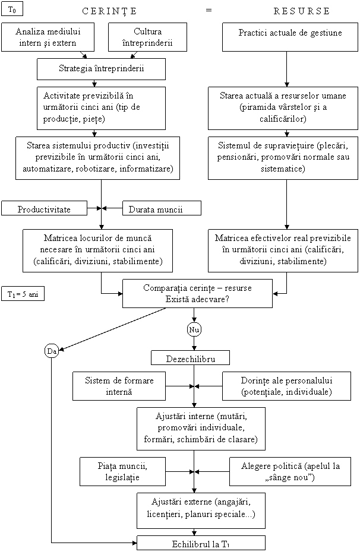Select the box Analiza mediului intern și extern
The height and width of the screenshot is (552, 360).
point(49,37)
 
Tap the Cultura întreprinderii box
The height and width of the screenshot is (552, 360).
point(148,37)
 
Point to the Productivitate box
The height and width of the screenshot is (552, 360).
point(44,209)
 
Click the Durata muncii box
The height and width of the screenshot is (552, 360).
point(162,209)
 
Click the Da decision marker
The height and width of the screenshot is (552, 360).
point(52,351)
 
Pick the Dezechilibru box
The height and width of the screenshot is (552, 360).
point(190,359)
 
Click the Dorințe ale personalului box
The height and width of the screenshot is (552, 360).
point(286,386)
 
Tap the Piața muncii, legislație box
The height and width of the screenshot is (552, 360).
point(123,472)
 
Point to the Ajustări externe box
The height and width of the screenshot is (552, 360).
point(201,506)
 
